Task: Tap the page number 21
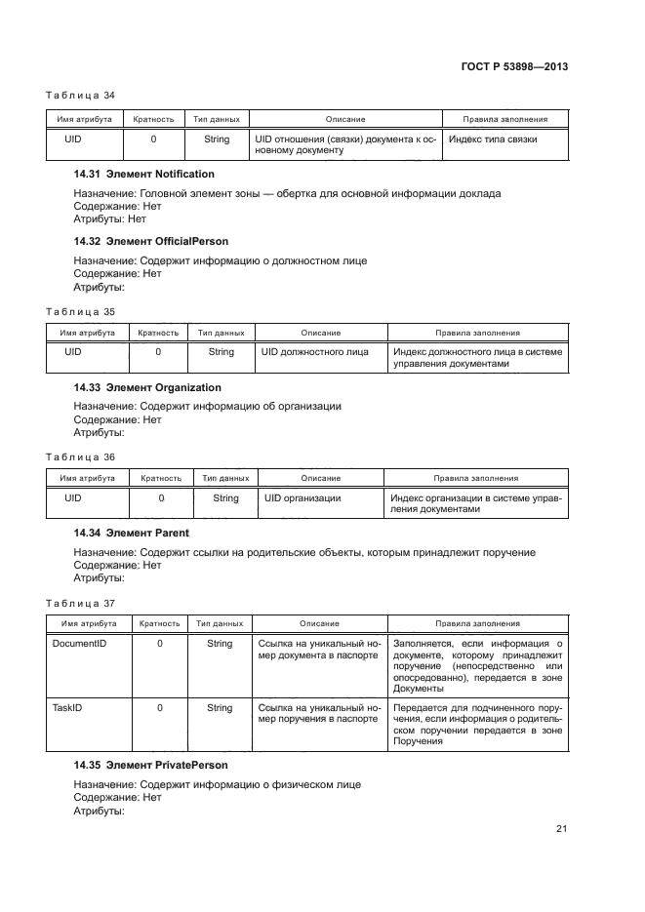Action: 561,829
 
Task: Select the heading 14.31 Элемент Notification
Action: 144,174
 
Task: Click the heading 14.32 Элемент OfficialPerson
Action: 151,241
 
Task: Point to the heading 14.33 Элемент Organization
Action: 147,387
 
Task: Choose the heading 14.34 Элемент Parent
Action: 131,534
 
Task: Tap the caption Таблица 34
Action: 80,95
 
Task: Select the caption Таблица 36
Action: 80,456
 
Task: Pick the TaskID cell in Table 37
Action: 64,708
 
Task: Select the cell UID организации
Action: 302,498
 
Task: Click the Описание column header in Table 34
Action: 345,119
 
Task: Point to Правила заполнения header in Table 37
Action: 476,623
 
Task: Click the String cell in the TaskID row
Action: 220,708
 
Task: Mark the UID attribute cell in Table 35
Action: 72,352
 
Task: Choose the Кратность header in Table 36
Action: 161,478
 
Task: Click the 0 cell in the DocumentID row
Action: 159,644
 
